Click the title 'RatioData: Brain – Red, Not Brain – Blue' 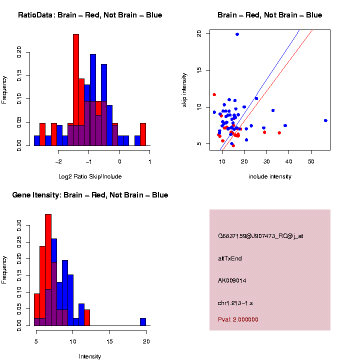pos(90,15)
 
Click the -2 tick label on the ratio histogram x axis pos(58,161)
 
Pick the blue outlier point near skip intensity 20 pos(237,34)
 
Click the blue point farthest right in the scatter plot pos(325,120)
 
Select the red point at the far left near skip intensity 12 pos(214,94)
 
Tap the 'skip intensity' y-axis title pos(184,89)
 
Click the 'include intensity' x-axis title pos(270,176)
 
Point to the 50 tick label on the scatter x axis pos(311,161)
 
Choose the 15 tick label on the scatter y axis pos(199,70)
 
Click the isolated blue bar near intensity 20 pos(143,322)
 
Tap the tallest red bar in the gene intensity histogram pos(48,270)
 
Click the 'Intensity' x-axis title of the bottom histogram pos(90,356)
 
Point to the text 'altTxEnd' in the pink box pos(230,258)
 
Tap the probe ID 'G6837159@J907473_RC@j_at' pos(260,236)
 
